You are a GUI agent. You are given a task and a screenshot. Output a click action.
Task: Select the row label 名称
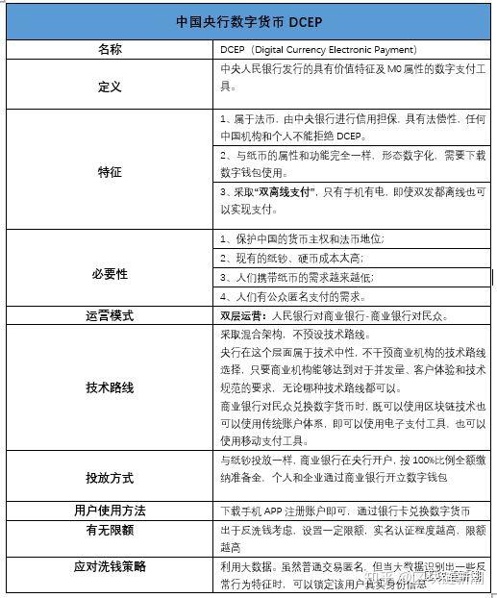110,49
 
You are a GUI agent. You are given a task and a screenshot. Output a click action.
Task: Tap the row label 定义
110,87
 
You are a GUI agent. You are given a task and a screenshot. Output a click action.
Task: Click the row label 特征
110,171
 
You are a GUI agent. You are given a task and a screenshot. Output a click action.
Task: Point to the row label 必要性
110,274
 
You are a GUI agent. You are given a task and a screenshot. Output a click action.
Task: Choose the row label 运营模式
110,315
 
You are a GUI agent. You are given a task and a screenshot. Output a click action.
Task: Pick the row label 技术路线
110,386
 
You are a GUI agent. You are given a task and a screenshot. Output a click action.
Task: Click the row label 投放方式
110,477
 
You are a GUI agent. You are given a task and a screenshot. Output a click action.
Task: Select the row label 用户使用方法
110,510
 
